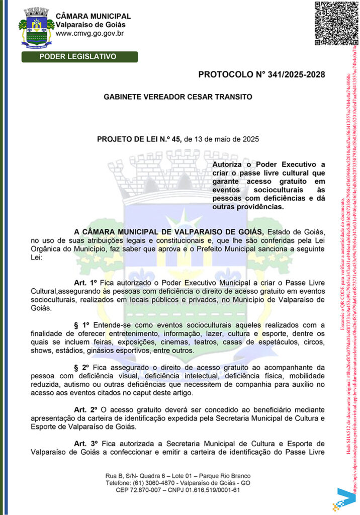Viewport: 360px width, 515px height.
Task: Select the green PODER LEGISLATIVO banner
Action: point(77,56)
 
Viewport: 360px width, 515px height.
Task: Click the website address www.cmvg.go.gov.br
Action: point(90,34)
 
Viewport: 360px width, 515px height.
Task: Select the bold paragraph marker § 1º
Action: point(82,326)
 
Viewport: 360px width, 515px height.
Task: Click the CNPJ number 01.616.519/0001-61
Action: point(207,490)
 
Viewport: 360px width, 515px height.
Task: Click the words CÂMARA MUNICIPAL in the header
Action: point(93,16)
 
